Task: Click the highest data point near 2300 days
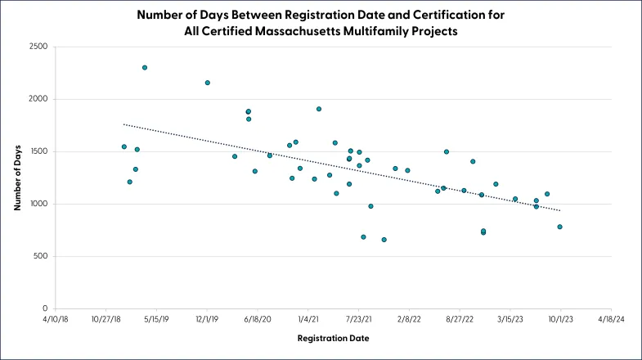(145, 68)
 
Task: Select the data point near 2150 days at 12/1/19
(208, 83)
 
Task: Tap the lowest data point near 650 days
(384, 240)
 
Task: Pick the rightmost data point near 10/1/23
(559, 227)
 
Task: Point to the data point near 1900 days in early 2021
(319, 109)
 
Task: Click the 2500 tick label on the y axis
(38, 47)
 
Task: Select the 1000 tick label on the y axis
(39, 204)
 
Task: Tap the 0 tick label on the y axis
(45, 308)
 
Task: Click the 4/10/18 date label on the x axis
(56, 319)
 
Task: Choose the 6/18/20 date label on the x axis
(258, 319)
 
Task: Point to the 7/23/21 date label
(359, 319)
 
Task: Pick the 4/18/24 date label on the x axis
(611, 319)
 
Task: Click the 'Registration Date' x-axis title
(334, 338)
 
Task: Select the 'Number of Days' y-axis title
(17, 178)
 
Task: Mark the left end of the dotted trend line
(123, 124)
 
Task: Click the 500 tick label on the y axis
(41, 256)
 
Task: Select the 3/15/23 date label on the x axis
(510, 319)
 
